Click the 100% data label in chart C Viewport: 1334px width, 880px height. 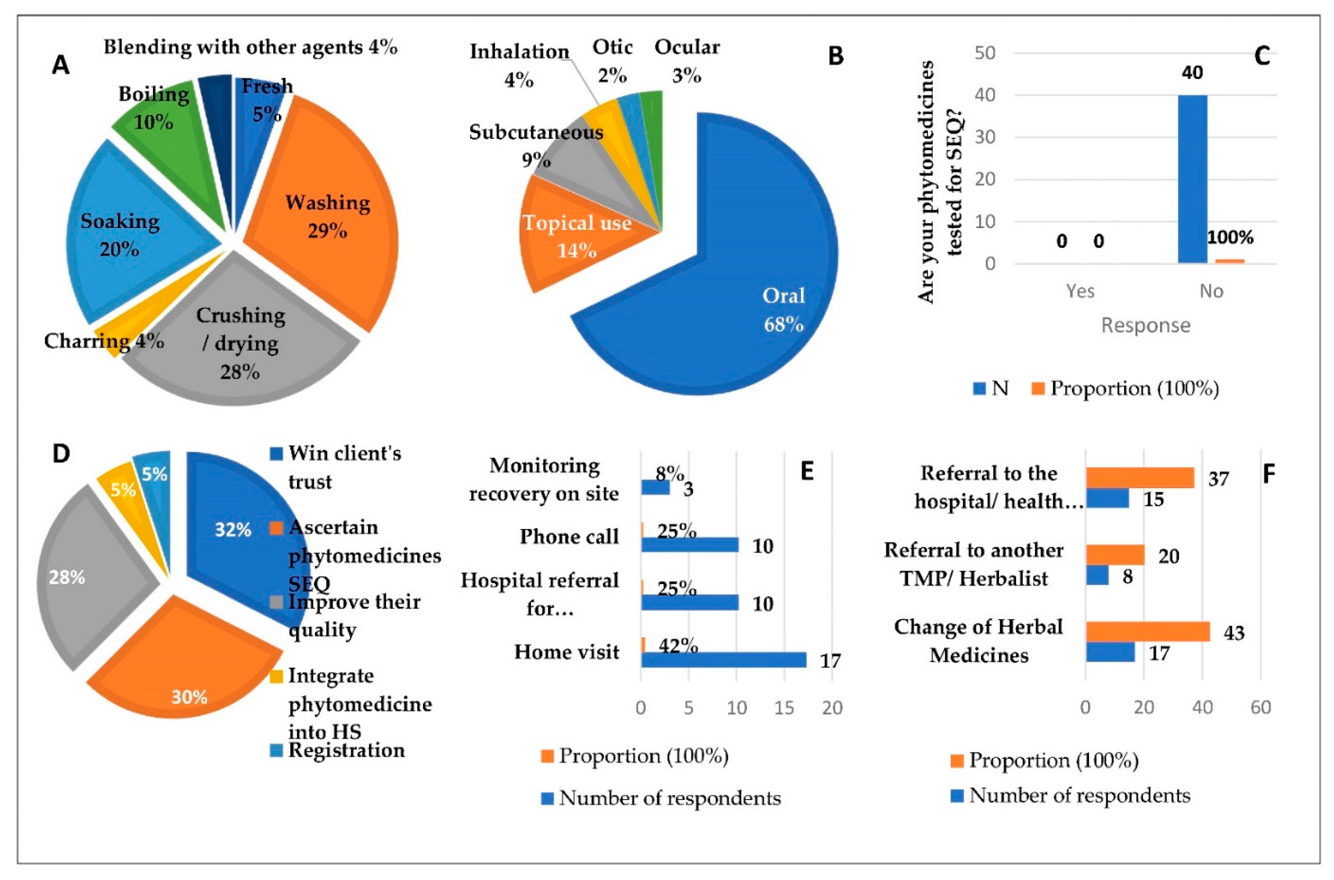[1230, 237]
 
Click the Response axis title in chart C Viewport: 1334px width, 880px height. [1146, 325]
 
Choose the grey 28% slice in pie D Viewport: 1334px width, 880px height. [84, 578]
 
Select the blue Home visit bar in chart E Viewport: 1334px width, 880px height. [723, 659]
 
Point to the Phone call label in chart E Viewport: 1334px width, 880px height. [569, 536]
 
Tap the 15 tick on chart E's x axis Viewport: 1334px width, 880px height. [784, 708]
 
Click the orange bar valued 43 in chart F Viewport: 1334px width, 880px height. [1147, 631]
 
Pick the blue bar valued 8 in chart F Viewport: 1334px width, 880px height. [1097, 575]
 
